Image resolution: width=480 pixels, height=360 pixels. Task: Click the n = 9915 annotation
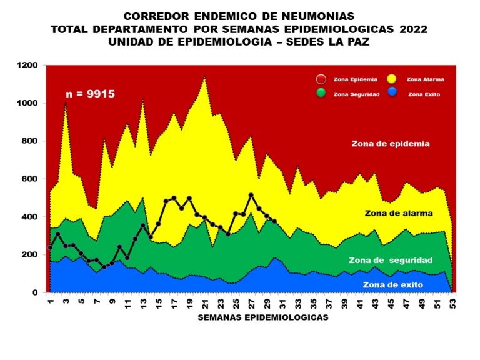[91, 94]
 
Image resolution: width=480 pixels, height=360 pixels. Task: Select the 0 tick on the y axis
[36, 292]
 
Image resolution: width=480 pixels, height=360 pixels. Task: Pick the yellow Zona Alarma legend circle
[392, 79]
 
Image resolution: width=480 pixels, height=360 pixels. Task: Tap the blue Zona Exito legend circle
[392, 94]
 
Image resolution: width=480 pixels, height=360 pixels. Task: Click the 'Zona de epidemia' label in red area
[391, 143]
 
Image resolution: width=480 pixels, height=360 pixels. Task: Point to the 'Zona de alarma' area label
[399, 213]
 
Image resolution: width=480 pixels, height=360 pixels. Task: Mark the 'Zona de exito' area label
[392, 285]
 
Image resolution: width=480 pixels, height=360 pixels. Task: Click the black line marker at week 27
[251, 196]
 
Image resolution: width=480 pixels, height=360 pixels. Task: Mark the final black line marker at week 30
[274, 221]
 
